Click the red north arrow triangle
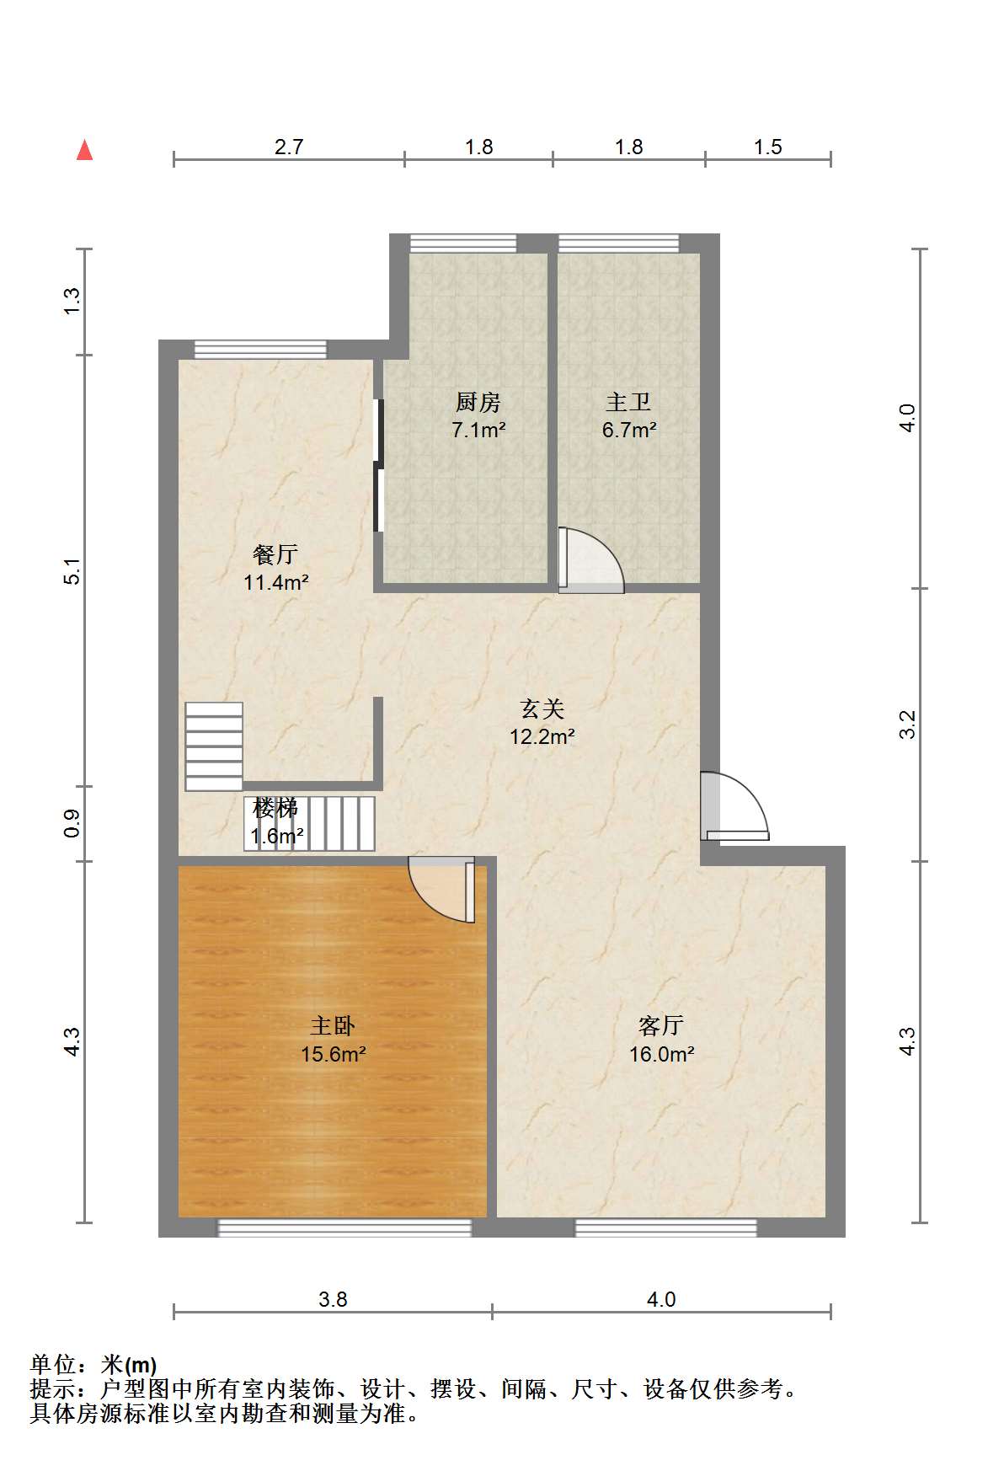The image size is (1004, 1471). point(84,150)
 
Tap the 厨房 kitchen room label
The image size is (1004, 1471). point(478,403)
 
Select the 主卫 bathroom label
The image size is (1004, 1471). point(628,403)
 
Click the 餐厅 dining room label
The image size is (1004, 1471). point(275,554)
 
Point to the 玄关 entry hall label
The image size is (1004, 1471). point(542,709)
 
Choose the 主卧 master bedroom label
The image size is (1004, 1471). point(333,1026)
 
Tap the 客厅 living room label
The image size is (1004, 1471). point(661,1026)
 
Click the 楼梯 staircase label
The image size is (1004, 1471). point(275,809)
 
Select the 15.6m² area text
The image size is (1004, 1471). point(334,1054)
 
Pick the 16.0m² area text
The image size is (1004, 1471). point(662,1054)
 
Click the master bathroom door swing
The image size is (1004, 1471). point(590,560)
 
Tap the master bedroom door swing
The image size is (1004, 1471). point(441,890)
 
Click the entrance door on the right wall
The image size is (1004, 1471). point(734,806)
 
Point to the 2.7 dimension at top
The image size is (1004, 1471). point(289,147)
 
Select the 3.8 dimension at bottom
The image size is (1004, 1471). point(333,1299)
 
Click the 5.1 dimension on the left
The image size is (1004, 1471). point(73,571)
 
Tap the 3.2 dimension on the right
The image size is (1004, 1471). point(907,725)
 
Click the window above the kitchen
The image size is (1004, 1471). point(463,243)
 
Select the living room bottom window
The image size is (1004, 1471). point(665,1228)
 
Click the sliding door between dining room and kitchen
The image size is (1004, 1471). point(378,465)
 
